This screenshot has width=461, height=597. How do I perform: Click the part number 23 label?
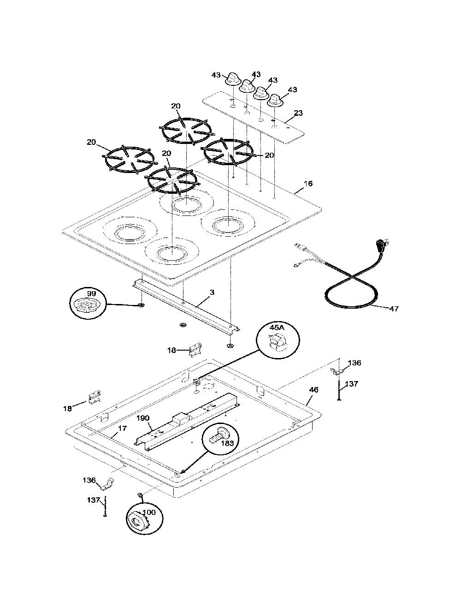pos(298,113)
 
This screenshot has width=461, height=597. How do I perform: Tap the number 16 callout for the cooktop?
pos(308,183)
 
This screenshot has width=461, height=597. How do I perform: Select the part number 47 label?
pos(394,309)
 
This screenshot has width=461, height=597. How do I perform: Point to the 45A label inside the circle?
pos(277,328)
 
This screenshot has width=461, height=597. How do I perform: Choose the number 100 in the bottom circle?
pos(149,512)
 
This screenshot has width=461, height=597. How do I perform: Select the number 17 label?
pos(122,428)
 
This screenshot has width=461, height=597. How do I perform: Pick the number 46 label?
pos(314,389)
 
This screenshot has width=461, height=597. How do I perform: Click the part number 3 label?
pos(212,293)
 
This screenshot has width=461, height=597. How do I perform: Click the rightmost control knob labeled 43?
pos(275,101)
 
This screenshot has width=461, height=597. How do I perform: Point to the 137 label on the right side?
pos(351,383)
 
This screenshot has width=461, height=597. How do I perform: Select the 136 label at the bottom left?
pos(89,480)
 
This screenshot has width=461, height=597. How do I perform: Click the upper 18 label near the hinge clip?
pos(172,350)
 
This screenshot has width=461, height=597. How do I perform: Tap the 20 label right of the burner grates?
pos(269,155)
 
